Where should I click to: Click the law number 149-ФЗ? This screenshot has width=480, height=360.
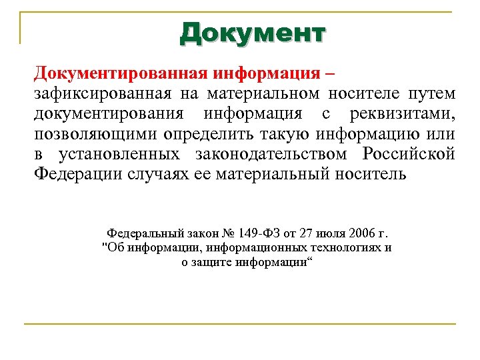pos(253,234)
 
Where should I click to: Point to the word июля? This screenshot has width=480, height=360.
pos(323,234)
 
